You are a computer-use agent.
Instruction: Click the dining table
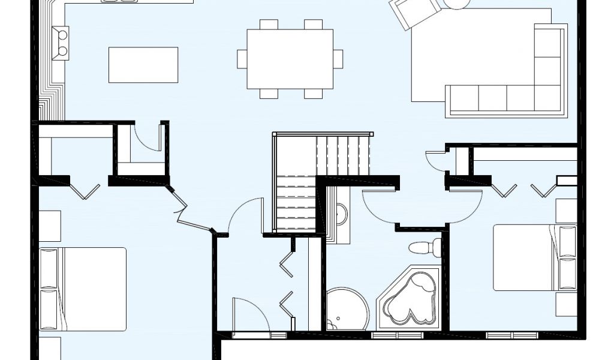290,59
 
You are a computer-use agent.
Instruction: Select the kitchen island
143,65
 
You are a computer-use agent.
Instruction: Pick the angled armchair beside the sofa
416,13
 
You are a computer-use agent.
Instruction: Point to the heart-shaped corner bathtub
410,298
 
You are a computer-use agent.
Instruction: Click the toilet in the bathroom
425,247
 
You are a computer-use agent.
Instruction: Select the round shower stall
347,308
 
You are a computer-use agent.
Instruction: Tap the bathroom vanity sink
340,214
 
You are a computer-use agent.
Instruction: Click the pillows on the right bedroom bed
567,257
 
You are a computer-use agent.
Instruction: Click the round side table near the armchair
458,4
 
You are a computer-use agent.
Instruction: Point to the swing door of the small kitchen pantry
148,136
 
